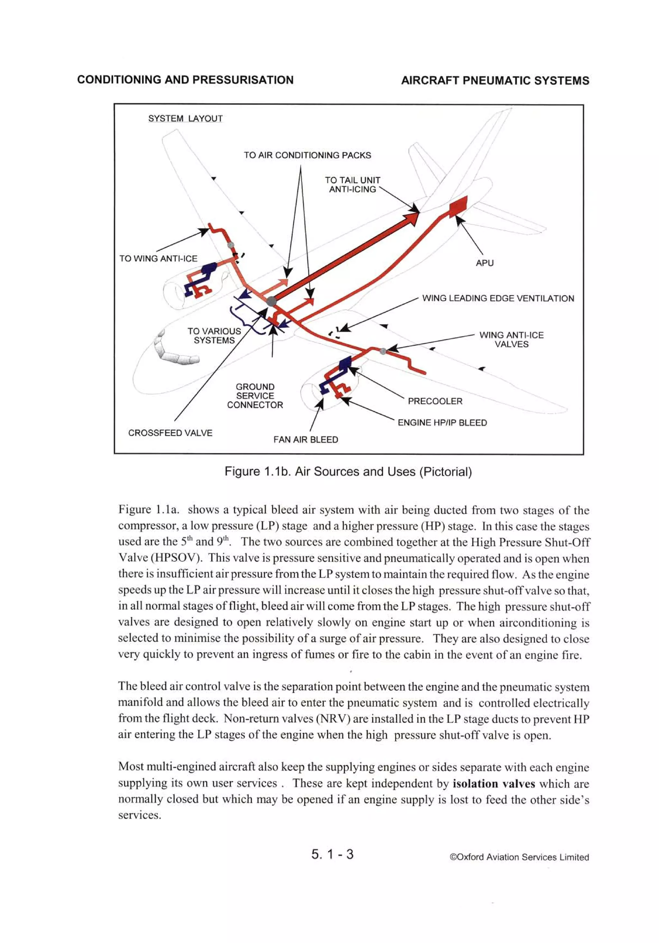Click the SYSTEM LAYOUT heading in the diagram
tap(185, 119)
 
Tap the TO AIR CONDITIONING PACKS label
tap(307, 155)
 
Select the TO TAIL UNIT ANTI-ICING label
tap(352, 185)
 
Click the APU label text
tap(484, 263)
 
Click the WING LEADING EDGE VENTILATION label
tap(498, 299)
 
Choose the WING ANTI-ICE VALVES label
tap(511, 340)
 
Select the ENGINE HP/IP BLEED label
tap(442, 423)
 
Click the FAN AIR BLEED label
tap(306, 440)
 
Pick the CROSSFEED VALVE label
tap(170, 433)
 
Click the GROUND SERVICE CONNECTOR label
tap(255, 396)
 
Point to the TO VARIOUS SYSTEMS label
tap(214, 336)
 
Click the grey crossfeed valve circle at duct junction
tap(271, 302)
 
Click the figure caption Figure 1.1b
tap(348, 472)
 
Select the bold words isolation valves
tap(493, 784)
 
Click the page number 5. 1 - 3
tap(332, 854)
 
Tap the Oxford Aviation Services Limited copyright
tap(519, 857)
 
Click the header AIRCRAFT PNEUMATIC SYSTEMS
tap(495, 81)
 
